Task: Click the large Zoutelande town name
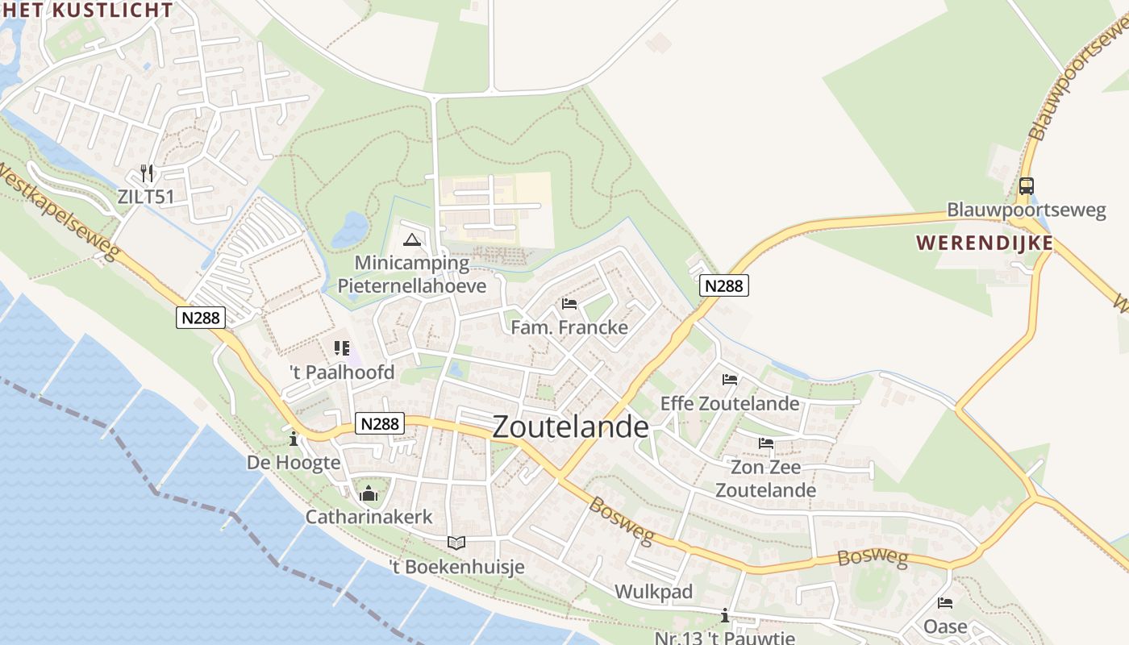pyautogui.click(x=570, y=427)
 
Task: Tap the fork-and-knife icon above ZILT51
pyautogui.click(x=146, y=173)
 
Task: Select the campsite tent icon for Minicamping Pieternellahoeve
pyautogui.click(x=412, y=239)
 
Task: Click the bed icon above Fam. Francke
pyautogui.click(x=569, y=304)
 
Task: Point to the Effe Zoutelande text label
pyautogui.click(x=730, y=403)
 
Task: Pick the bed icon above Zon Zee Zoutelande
pyautogui.click(x=765, y=443)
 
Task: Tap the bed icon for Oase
pyautogui.click(x=945, y=603)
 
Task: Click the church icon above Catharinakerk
pyautogui.click(x=369, y=493)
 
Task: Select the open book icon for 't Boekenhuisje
pyautogui.click(x=456, y=543)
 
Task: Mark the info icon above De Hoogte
pyautogui.click(x=294, y=439)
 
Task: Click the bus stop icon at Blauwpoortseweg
pyautogui.click(x=1026, y=186)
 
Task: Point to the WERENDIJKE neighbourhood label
pyautogui.click(x=985, y=243)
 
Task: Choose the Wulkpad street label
pyautogui.click(x=653, y=592)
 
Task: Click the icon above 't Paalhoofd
pyautogui.click(x=342, y=348)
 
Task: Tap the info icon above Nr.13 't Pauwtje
pyautogui.click(x=724, y=617)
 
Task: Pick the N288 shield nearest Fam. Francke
pyautogui.click(x=724, y=285)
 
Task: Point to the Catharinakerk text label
pyautogui.click(x=369, y=517)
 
